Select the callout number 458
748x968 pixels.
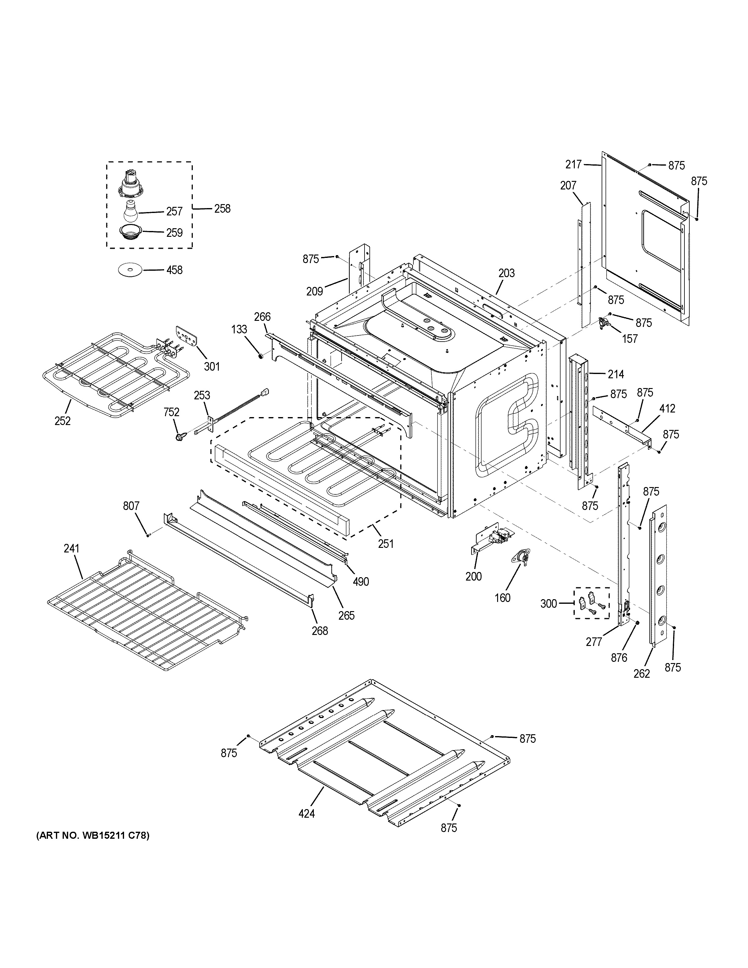174,270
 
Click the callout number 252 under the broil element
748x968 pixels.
62,421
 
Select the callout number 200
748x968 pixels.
474,576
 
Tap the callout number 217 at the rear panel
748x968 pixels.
574,164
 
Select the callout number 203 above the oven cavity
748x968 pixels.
507,273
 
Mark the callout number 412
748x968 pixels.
667,408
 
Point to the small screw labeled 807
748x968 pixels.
148,535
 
